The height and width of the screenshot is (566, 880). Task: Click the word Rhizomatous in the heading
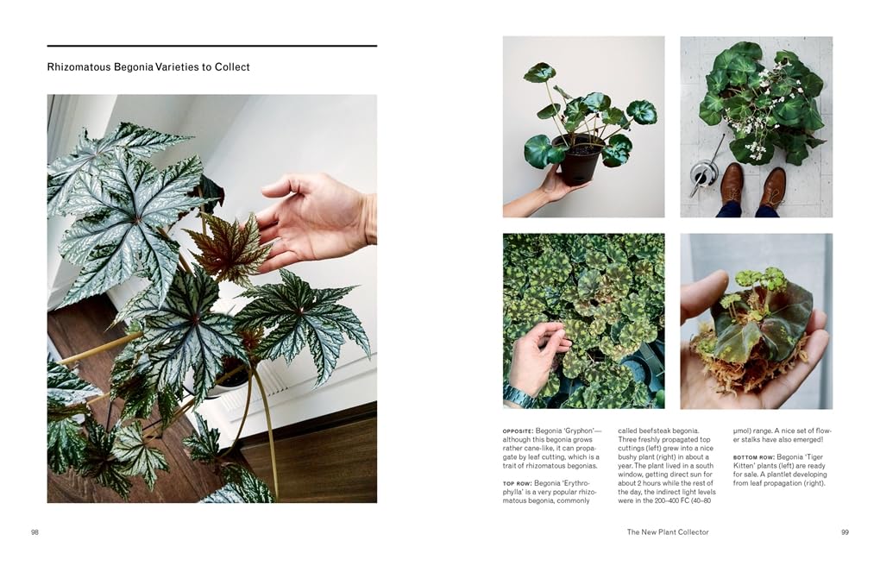click(79, 66)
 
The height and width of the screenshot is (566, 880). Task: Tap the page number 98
click(35, 532)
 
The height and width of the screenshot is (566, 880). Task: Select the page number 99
click(845, 532)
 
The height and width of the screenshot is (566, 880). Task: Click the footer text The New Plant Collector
click(668, 532)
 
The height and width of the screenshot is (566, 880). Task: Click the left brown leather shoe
click(732, 183)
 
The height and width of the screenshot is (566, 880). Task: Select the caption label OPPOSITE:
click(518, 431)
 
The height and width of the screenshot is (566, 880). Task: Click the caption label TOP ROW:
click(517, 483)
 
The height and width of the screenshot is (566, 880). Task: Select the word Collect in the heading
click(234, 66)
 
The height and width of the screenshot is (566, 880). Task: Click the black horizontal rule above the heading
click(212, 46)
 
